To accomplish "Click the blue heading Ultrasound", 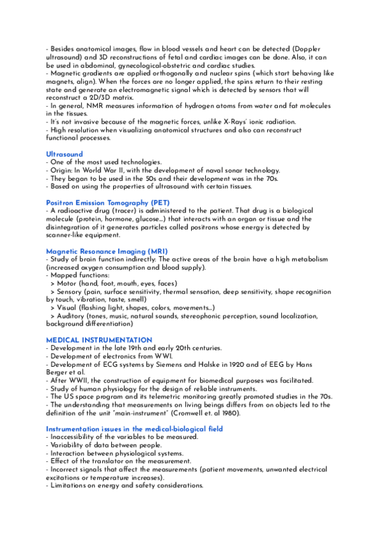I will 64,154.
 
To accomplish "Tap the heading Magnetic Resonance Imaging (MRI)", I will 107,251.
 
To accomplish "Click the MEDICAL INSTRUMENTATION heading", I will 99,341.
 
